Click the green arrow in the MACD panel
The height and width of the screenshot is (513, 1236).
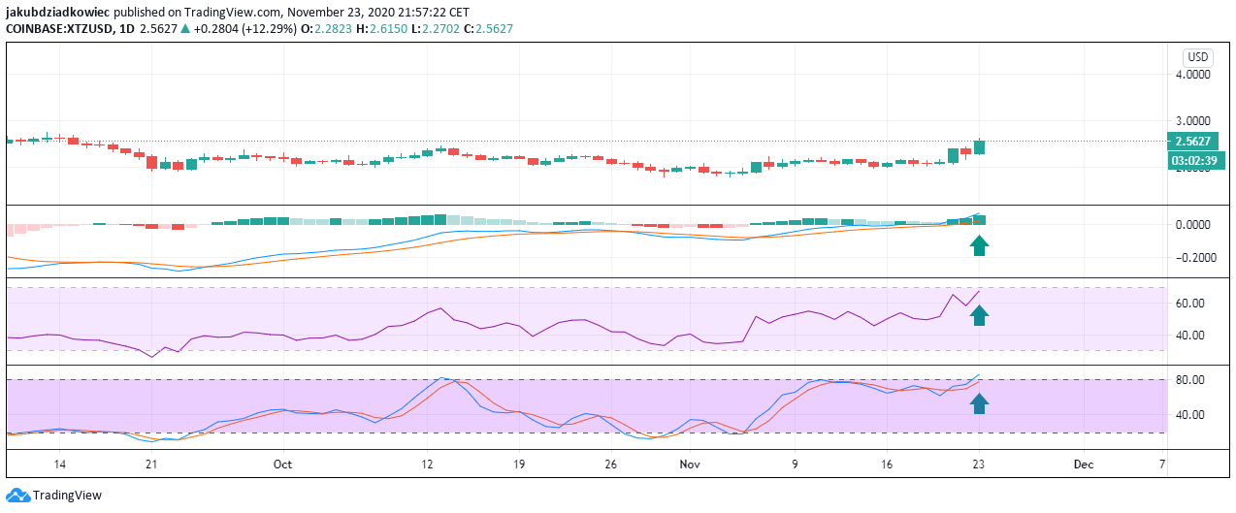pos(980,244)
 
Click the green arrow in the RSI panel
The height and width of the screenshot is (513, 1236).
pos(980,315)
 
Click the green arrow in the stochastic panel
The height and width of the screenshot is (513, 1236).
pos(980,402)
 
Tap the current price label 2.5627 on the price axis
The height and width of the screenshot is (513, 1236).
pos(1192,141)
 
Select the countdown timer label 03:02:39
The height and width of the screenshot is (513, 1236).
pos(1193,160)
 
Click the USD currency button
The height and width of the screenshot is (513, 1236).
pos(1197,57)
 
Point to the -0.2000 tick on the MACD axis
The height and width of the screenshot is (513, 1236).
pos(1190,258)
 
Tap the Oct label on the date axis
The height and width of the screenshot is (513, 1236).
pos(282,465)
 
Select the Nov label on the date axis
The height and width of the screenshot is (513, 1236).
pos(690,465)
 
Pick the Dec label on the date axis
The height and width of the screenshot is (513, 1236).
pos(1084,465)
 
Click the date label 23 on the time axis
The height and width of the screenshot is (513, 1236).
pos(980,465)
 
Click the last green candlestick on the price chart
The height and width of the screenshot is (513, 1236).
pos(980,146)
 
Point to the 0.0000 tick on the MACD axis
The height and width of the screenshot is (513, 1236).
pos(1192,225)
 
